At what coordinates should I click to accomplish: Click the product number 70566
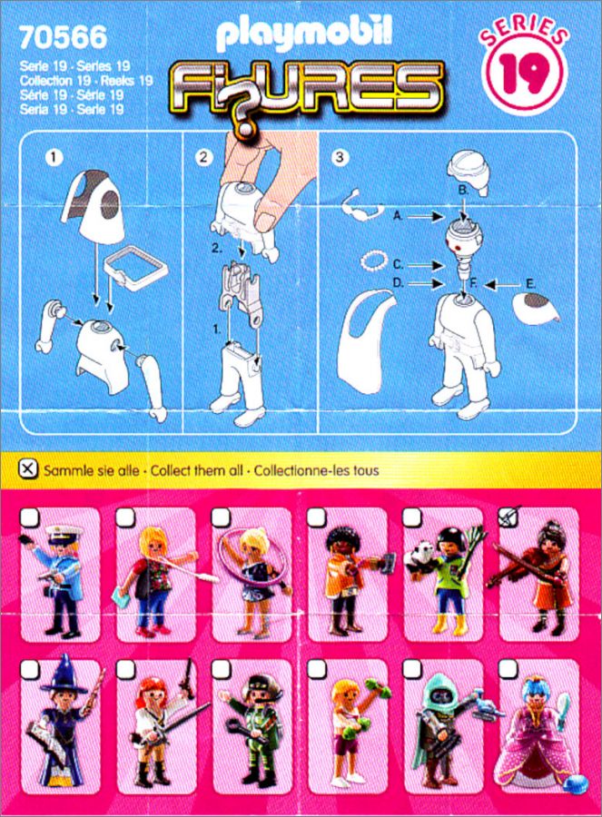coord(63,37)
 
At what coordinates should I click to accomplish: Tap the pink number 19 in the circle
coord(524,74)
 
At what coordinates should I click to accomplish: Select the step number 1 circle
coord(54,157)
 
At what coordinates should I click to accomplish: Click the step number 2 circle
coord(203,157)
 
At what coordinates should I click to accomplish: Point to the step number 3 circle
coord(340,157)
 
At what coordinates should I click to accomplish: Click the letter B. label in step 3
coord(463,191)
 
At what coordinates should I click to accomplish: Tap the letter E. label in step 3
coord(530,284)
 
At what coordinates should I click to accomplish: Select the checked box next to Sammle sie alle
coord(28,469)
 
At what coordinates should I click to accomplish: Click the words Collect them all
coord(197,470)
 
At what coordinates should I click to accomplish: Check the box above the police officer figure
coord(30,517)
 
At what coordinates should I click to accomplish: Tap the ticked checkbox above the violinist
coord(509,517)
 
